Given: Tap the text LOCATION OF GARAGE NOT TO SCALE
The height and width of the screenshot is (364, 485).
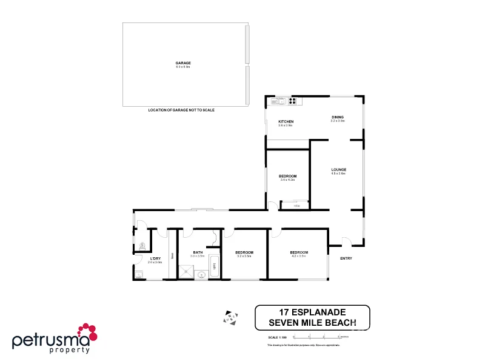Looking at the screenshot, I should click(181, 110).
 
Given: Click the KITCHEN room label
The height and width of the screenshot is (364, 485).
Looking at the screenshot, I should click(286, 121).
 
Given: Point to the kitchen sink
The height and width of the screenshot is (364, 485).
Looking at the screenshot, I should click(281, 101).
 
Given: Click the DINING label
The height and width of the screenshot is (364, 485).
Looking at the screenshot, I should click(338, 116).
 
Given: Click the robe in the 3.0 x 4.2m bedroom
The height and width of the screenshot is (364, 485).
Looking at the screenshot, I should click(296, 205).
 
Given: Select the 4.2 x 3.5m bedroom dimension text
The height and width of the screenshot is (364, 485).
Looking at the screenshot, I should click(299, 257).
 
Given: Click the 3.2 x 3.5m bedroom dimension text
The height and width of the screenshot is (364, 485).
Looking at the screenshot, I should click(244, 257).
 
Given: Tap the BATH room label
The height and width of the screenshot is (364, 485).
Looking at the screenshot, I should click(198, 252).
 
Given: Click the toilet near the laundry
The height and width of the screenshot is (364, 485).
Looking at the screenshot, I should click(141, 246).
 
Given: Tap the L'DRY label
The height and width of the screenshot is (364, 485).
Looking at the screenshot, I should click(155, 258).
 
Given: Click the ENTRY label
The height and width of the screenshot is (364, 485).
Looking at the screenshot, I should click(346, 259).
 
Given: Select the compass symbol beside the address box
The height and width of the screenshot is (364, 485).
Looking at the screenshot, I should click(229, 315).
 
